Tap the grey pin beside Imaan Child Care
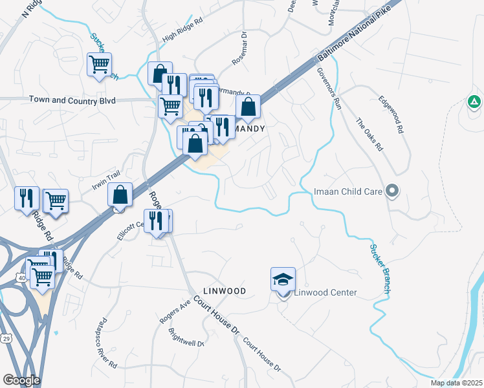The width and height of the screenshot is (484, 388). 391,191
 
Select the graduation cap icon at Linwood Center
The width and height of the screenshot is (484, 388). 283,279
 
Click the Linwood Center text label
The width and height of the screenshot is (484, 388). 325,292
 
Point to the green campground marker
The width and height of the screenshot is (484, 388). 474,102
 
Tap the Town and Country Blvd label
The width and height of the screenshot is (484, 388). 72,100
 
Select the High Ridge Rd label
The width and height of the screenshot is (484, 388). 183,38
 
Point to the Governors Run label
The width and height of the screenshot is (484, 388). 329,90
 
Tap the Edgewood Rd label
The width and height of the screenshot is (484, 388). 391,114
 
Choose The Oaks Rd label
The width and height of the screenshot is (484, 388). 370,135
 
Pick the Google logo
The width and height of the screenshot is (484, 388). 21,380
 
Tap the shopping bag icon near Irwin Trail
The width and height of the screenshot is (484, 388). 120,194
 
